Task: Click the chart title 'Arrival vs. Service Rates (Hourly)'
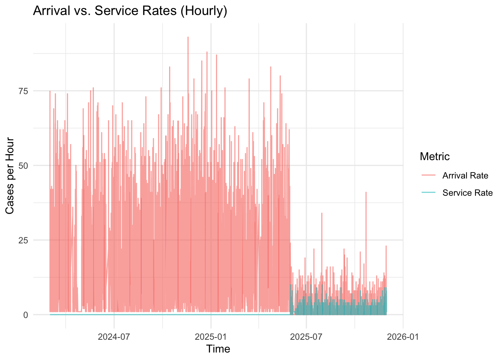point(130,11)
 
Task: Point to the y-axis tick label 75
point(23,91)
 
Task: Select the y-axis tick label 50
point(23,166)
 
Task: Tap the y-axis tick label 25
point(23,240)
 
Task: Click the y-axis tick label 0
point(25,315)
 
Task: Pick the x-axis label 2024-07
point(114,337)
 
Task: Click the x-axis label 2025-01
point(211,337)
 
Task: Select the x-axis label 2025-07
point(306,337)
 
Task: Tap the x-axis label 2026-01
point(403,337)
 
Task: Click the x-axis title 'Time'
point(218,349)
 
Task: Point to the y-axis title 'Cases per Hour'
point(10,175)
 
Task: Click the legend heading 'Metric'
point(435,156)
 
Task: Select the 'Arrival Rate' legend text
point(465,175)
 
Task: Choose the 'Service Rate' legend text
point(468,193)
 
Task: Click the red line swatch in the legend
point(428,175)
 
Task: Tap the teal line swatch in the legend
point(428,192)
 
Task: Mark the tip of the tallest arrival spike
point(188,37)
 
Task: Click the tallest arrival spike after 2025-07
point(366,192)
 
